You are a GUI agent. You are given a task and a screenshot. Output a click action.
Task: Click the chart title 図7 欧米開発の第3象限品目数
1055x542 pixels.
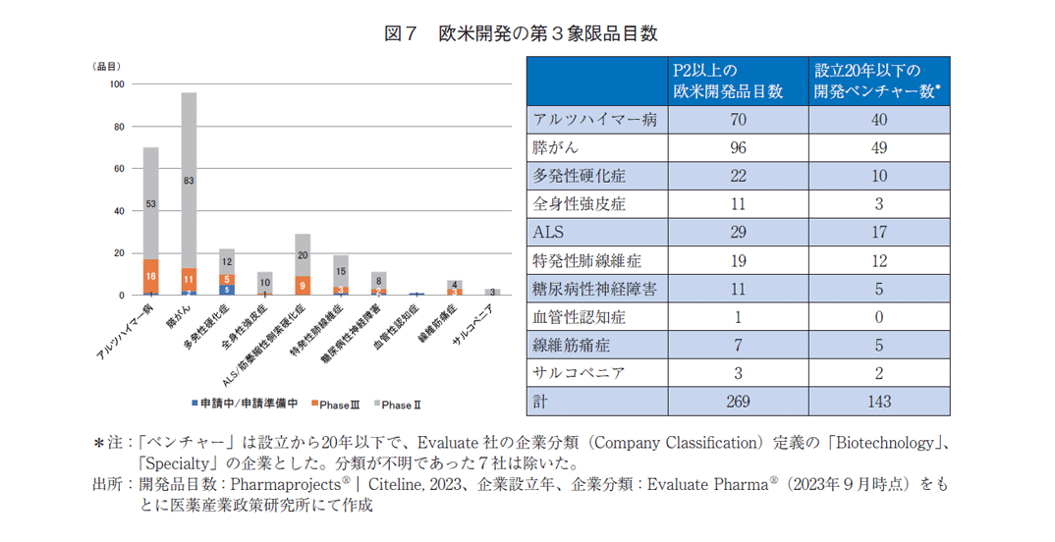pyautogui.click(x=520, y=33)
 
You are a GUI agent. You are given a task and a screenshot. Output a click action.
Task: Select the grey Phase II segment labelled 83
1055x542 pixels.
pyautogui.click(x=189, y=181)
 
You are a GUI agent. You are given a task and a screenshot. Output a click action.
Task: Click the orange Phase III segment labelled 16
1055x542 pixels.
pyautogui.click(x=151, y=277)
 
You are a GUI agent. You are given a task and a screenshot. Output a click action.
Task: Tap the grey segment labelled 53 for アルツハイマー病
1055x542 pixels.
pyautogui.click(x=151, y=203)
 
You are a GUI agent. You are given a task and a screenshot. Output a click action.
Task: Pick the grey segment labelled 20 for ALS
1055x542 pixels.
pyautogui.click(x=303, y=255)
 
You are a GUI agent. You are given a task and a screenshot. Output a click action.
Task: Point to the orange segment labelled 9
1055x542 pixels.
pyautogui.click(x=303, y=286)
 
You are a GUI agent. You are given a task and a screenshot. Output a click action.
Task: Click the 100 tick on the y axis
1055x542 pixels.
pyautogui.click(x=117, y=84)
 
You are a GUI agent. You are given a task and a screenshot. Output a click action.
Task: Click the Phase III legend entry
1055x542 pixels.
pyautogui.click(x=338, y=405)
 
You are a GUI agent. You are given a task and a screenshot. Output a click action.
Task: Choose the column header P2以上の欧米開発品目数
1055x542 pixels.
pyautogui.click(x=728, y=81)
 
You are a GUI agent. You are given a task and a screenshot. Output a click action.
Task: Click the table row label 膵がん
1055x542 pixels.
pyautogui.click(x=553, y=148)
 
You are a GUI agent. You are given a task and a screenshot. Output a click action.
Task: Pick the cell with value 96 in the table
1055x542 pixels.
pyautogui.click(x=738, y=148)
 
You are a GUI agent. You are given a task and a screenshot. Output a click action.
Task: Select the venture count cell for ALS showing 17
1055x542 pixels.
pyautogui.click(x=879, y=233)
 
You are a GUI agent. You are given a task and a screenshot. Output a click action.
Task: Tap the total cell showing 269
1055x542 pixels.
pyautogui.click(x=738, y=402)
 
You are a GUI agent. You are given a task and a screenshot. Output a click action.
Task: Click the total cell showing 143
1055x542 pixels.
pyautogui.click(x=879, y=402)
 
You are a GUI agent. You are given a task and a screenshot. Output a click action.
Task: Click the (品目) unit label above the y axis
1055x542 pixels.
pyautogui.click(x=106, y=66)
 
